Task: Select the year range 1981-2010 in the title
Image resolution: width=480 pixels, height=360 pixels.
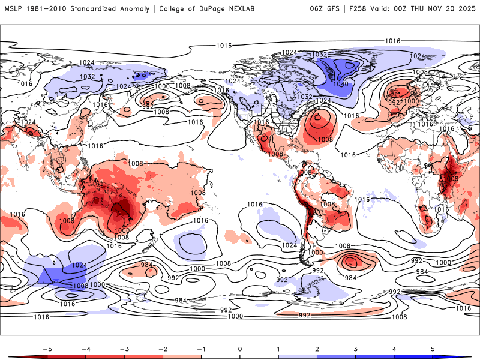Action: click(49, 9)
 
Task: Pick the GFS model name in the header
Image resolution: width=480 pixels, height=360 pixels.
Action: click(332, 9)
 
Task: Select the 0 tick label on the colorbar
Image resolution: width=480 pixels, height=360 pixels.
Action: click(239, 349)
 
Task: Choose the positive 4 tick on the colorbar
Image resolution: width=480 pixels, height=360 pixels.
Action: click(394, 349)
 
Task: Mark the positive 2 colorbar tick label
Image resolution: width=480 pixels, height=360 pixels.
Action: click(317, 349)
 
